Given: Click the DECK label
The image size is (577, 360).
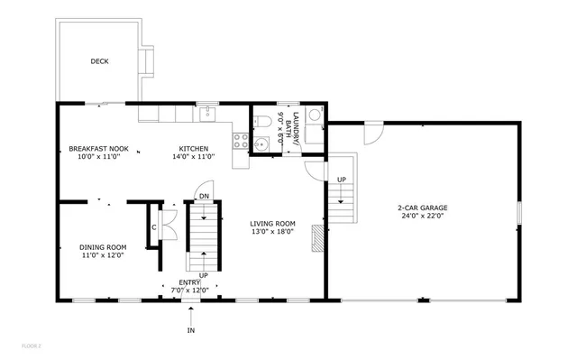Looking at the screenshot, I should click(x=99, y=62).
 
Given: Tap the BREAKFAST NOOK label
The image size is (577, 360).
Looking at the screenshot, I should click(x=98, y=149).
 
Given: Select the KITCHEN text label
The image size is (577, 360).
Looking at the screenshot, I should click(x=194, y=149).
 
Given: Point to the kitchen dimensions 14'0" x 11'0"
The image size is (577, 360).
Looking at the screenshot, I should click(x=194, y=157).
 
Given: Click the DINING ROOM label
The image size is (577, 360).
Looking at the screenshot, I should click(x=104, y=247).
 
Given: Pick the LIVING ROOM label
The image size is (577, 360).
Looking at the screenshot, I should click(x=273, y=224).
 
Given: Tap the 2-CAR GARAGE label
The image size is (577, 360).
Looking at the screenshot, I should click(x=423, y=208).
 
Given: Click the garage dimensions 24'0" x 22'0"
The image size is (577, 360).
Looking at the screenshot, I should click(x=423, y=216).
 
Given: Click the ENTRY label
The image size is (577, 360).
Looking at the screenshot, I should click(x=190, y=282).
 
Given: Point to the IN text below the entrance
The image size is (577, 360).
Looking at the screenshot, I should click(x=190, y=331).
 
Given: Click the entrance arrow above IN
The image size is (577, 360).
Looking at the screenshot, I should click(x=190, y=315).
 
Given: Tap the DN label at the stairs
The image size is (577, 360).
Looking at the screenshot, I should click(x=205, y=196).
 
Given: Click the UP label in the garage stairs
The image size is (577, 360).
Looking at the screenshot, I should click(x=342, y=180).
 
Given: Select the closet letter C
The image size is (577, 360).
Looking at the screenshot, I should click(x=154, y=226).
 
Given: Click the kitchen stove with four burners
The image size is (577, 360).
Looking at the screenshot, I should click(x=241, y=141).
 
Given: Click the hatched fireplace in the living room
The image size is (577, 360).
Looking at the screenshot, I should click(x=316, y=238).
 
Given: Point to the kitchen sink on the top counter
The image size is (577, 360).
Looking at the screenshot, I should click(x=206, y=114).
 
